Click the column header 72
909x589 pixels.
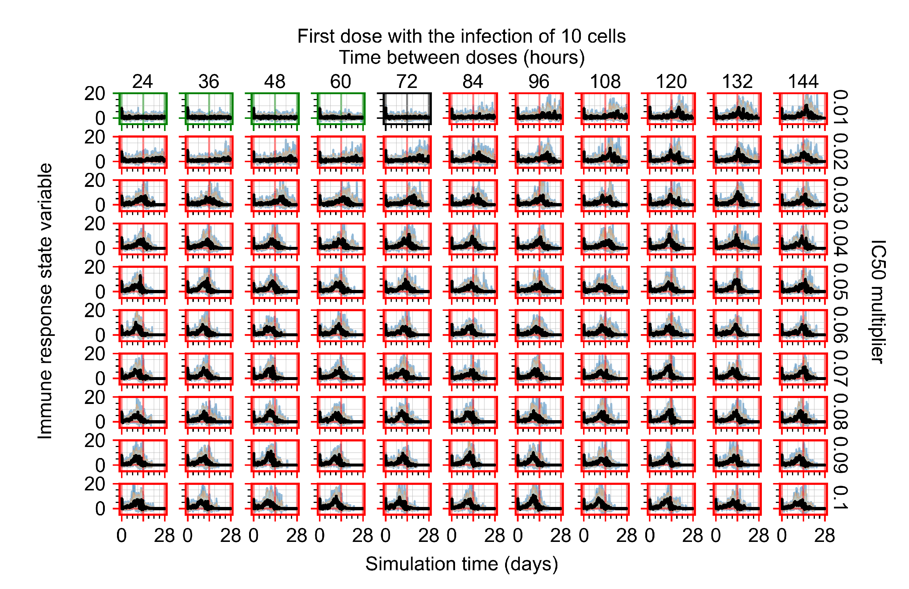pos(407,81)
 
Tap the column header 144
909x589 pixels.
pos(803,81)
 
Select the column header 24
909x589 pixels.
pos(142,81)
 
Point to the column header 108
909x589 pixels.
pos(605,81)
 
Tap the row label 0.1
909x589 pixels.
pos(840,498)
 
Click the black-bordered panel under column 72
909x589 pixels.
pos(408,109)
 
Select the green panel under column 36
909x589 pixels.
pos(209,109)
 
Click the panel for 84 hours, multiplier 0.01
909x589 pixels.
pos(473,109)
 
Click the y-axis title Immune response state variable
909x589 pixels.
pos(45,301)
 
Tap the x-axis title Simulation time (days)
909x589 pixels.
pos(461,564)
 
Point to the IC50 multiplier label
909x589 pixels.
pos(877,302)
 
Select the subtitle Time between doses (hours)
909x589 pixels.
pos(461,58)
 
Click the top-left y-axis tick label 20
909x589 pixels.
pos(94,93)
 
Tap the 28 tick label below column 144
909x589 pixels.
pos(825,536)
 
